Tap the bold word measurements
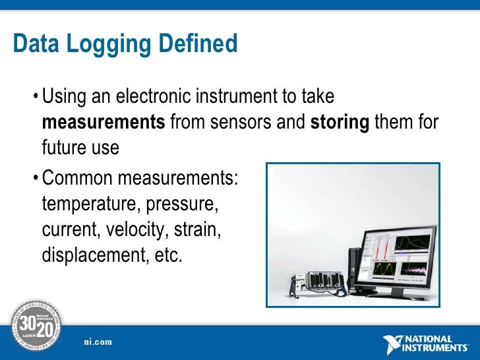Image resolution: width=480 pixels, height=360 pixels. [104, 122]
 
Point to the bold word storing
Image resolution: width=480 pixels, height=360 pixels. [340, 122]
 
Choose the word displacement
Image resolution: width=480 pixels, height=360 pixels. [93, 255]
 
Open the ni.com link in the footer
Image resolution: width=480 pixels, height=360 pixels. [98, 342]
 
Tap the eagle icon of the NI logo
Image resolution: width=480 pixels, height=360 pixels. [394, 344]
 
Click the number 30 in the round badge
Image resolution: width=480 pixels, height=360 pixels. [26, 324]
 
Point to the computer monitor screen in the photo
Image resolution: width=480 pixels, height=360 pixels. [396, 254]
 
